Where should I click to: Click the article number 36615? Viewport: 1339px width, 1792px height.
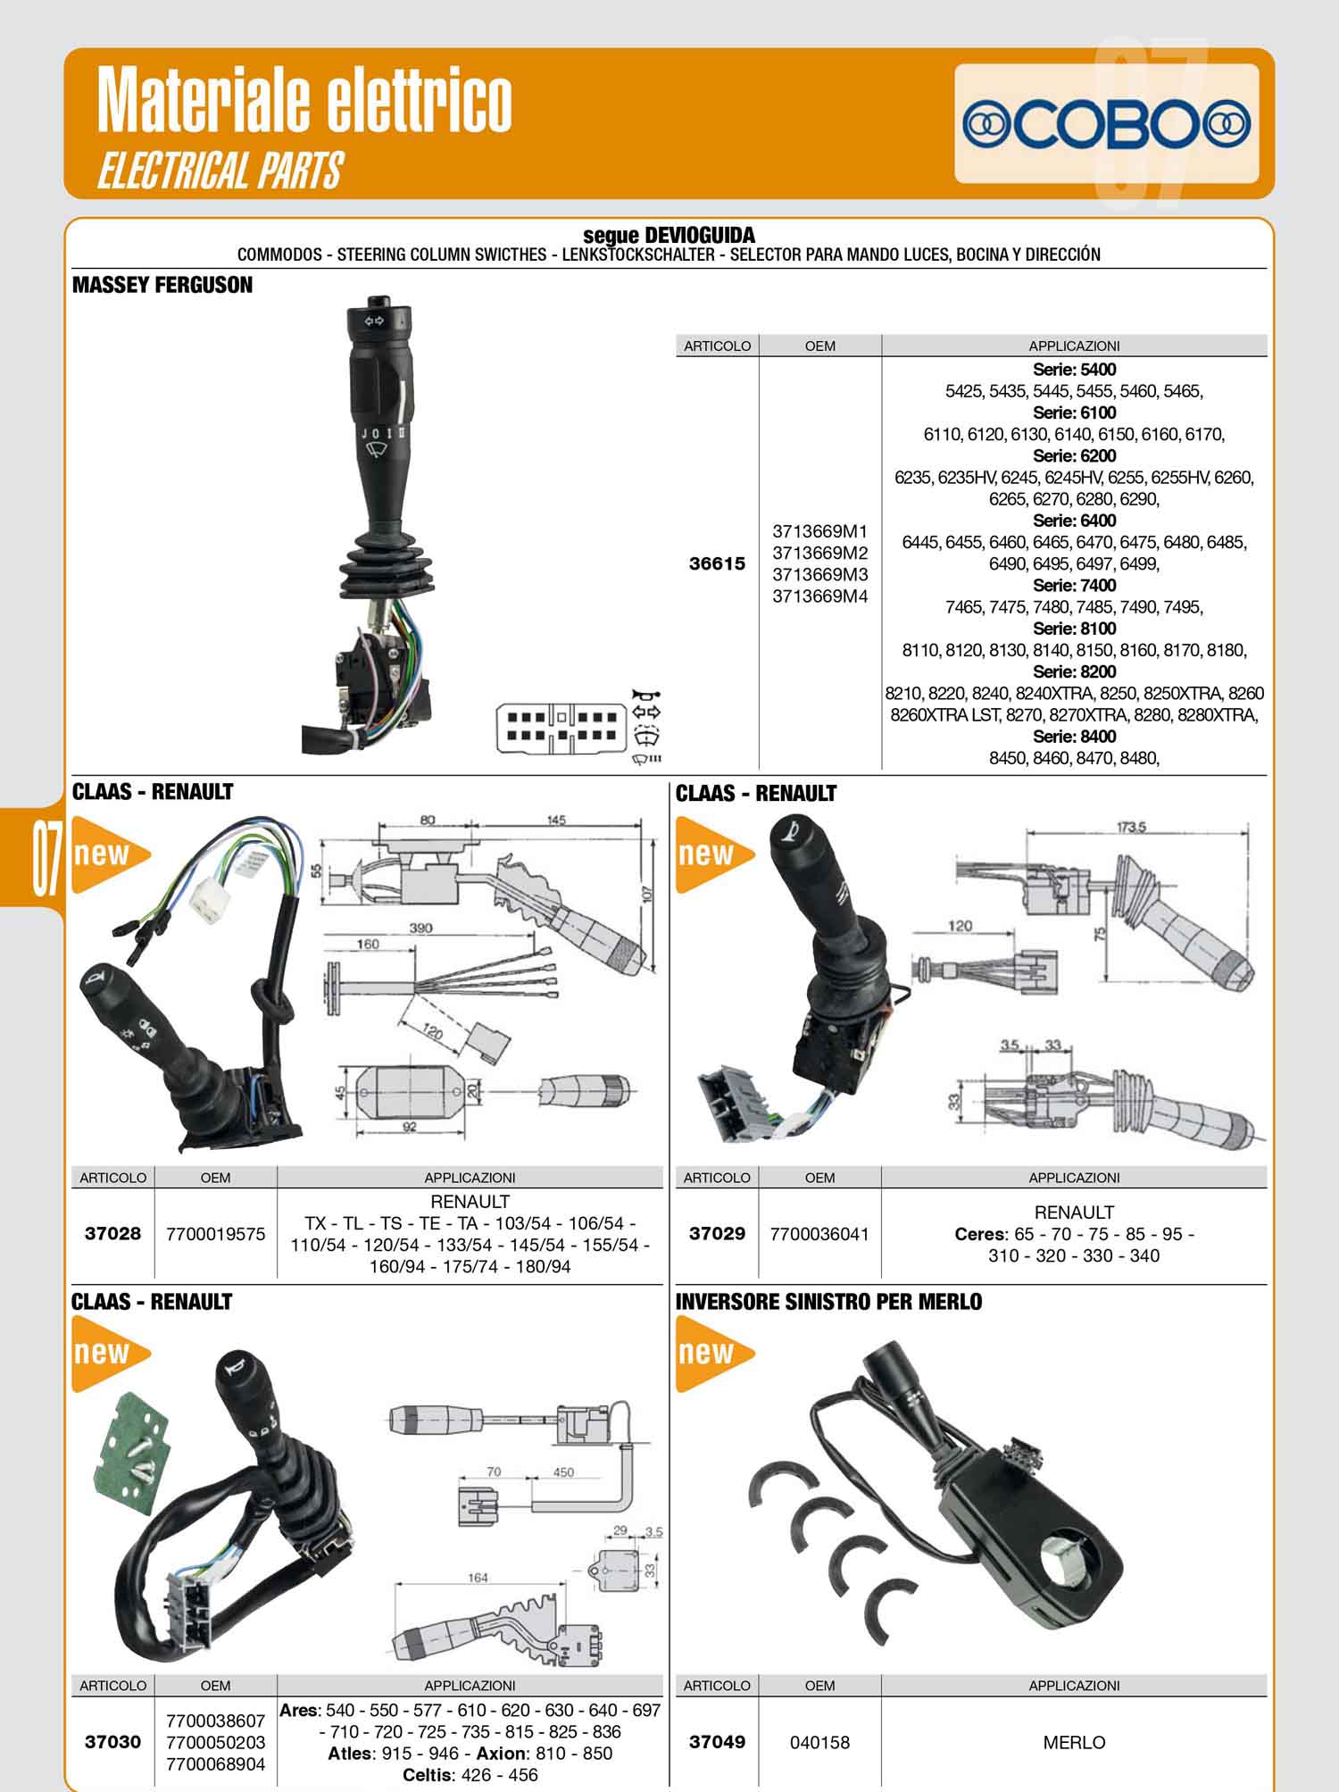(717, 563)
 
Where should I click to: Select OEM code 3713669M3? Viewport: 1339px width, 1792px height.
(819, 574)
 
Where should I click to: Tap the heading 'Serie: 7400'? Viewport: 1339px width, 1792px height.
(1074, 585)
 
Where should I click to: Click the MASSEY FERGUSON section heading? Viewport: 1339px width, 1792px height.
(162, 285)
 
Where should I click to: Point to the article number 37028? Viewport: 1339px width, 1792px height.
(112, 1234)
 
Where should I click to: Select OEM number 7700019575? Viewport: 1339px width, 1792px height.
(215, 1234)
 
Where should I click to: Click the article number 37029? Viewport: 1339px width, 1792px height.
(717, 1234)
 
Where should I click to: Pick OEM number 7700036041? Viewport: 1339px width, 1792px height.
(819, 1234)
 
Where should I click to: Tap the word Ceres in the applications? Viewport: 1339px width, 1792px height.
(979, 1234)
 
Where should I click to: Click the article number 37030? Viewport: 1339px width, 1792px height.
(112, 1742)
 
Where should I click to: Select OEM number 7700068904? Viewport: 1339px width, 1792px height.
(215, 1763)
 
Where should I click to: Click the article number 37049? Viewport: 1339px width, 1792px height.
(717, 1742)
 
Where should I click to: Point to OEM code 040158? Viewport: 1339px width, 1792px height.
(819, 1742)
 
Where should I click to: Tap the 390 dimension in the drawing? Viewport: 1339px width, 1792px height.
(420, 928)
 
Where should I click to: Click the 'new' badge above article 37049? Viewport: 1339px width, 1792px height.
(715, 1353)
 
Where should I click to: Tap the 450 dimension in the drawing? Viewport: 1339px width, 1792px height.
(563, 1472)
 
